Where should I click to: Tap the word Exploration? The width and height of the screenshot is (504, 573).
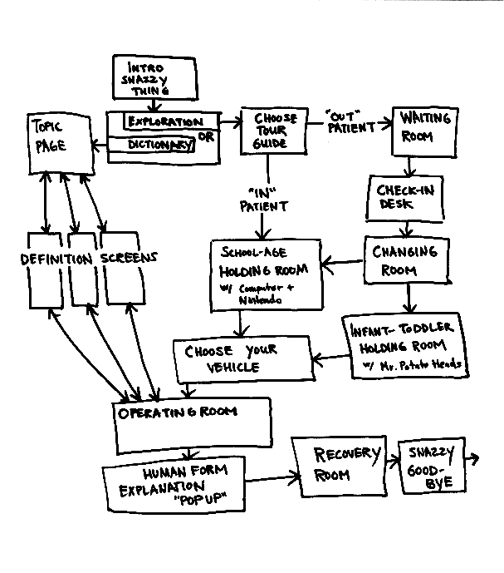pos(164,122)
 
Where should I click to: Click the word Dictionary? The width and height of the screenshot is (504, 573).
pos(160,145)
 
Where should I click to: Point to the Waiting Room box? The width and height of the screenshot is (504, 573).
pos(425,131)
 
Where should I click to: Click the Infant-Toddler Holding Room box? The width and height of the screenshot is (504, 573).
pos(405,345)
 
